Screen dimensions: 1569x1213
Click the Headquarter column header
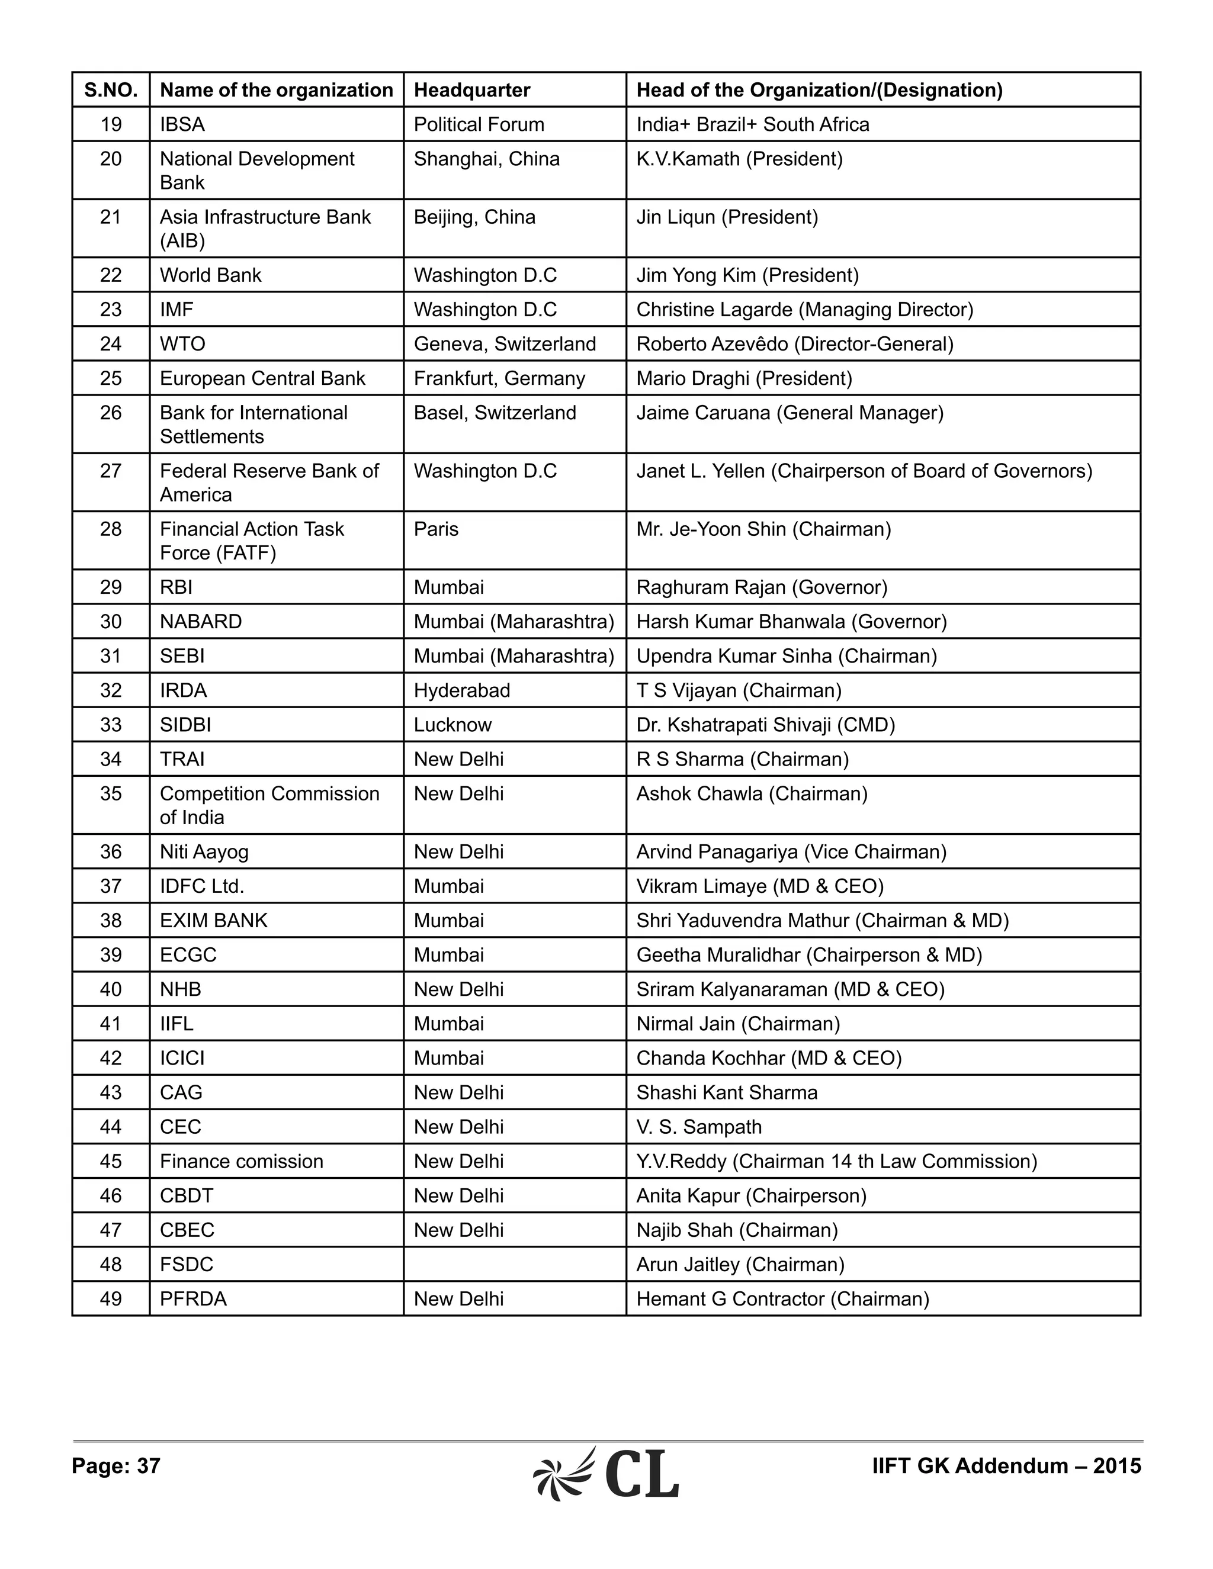471,90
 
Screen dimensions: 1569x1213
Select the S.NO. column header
111,90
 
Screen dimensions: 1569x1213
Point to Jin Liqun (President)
727,217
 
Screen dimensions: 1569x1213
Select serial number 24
111,344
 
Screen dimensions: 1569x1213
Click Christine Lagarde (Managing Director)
805,310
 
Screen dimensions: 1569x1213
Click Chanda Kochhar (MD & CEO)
769,1058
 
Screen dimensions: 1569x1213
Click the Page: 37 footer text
115,1465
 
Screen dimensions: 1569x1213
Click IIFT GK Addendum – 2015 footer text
1006,1465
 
